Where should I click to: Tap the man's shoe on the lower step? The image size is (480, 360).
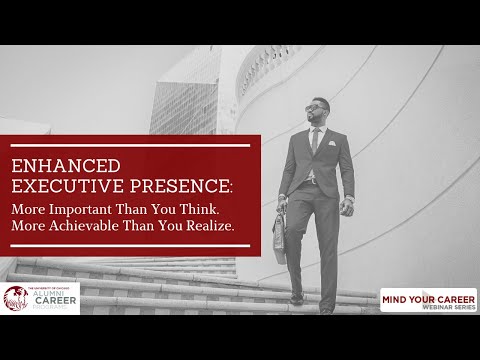tap(296, 297)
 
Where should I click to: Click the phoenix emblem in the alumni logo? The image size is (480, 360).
tap(17, 299)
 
